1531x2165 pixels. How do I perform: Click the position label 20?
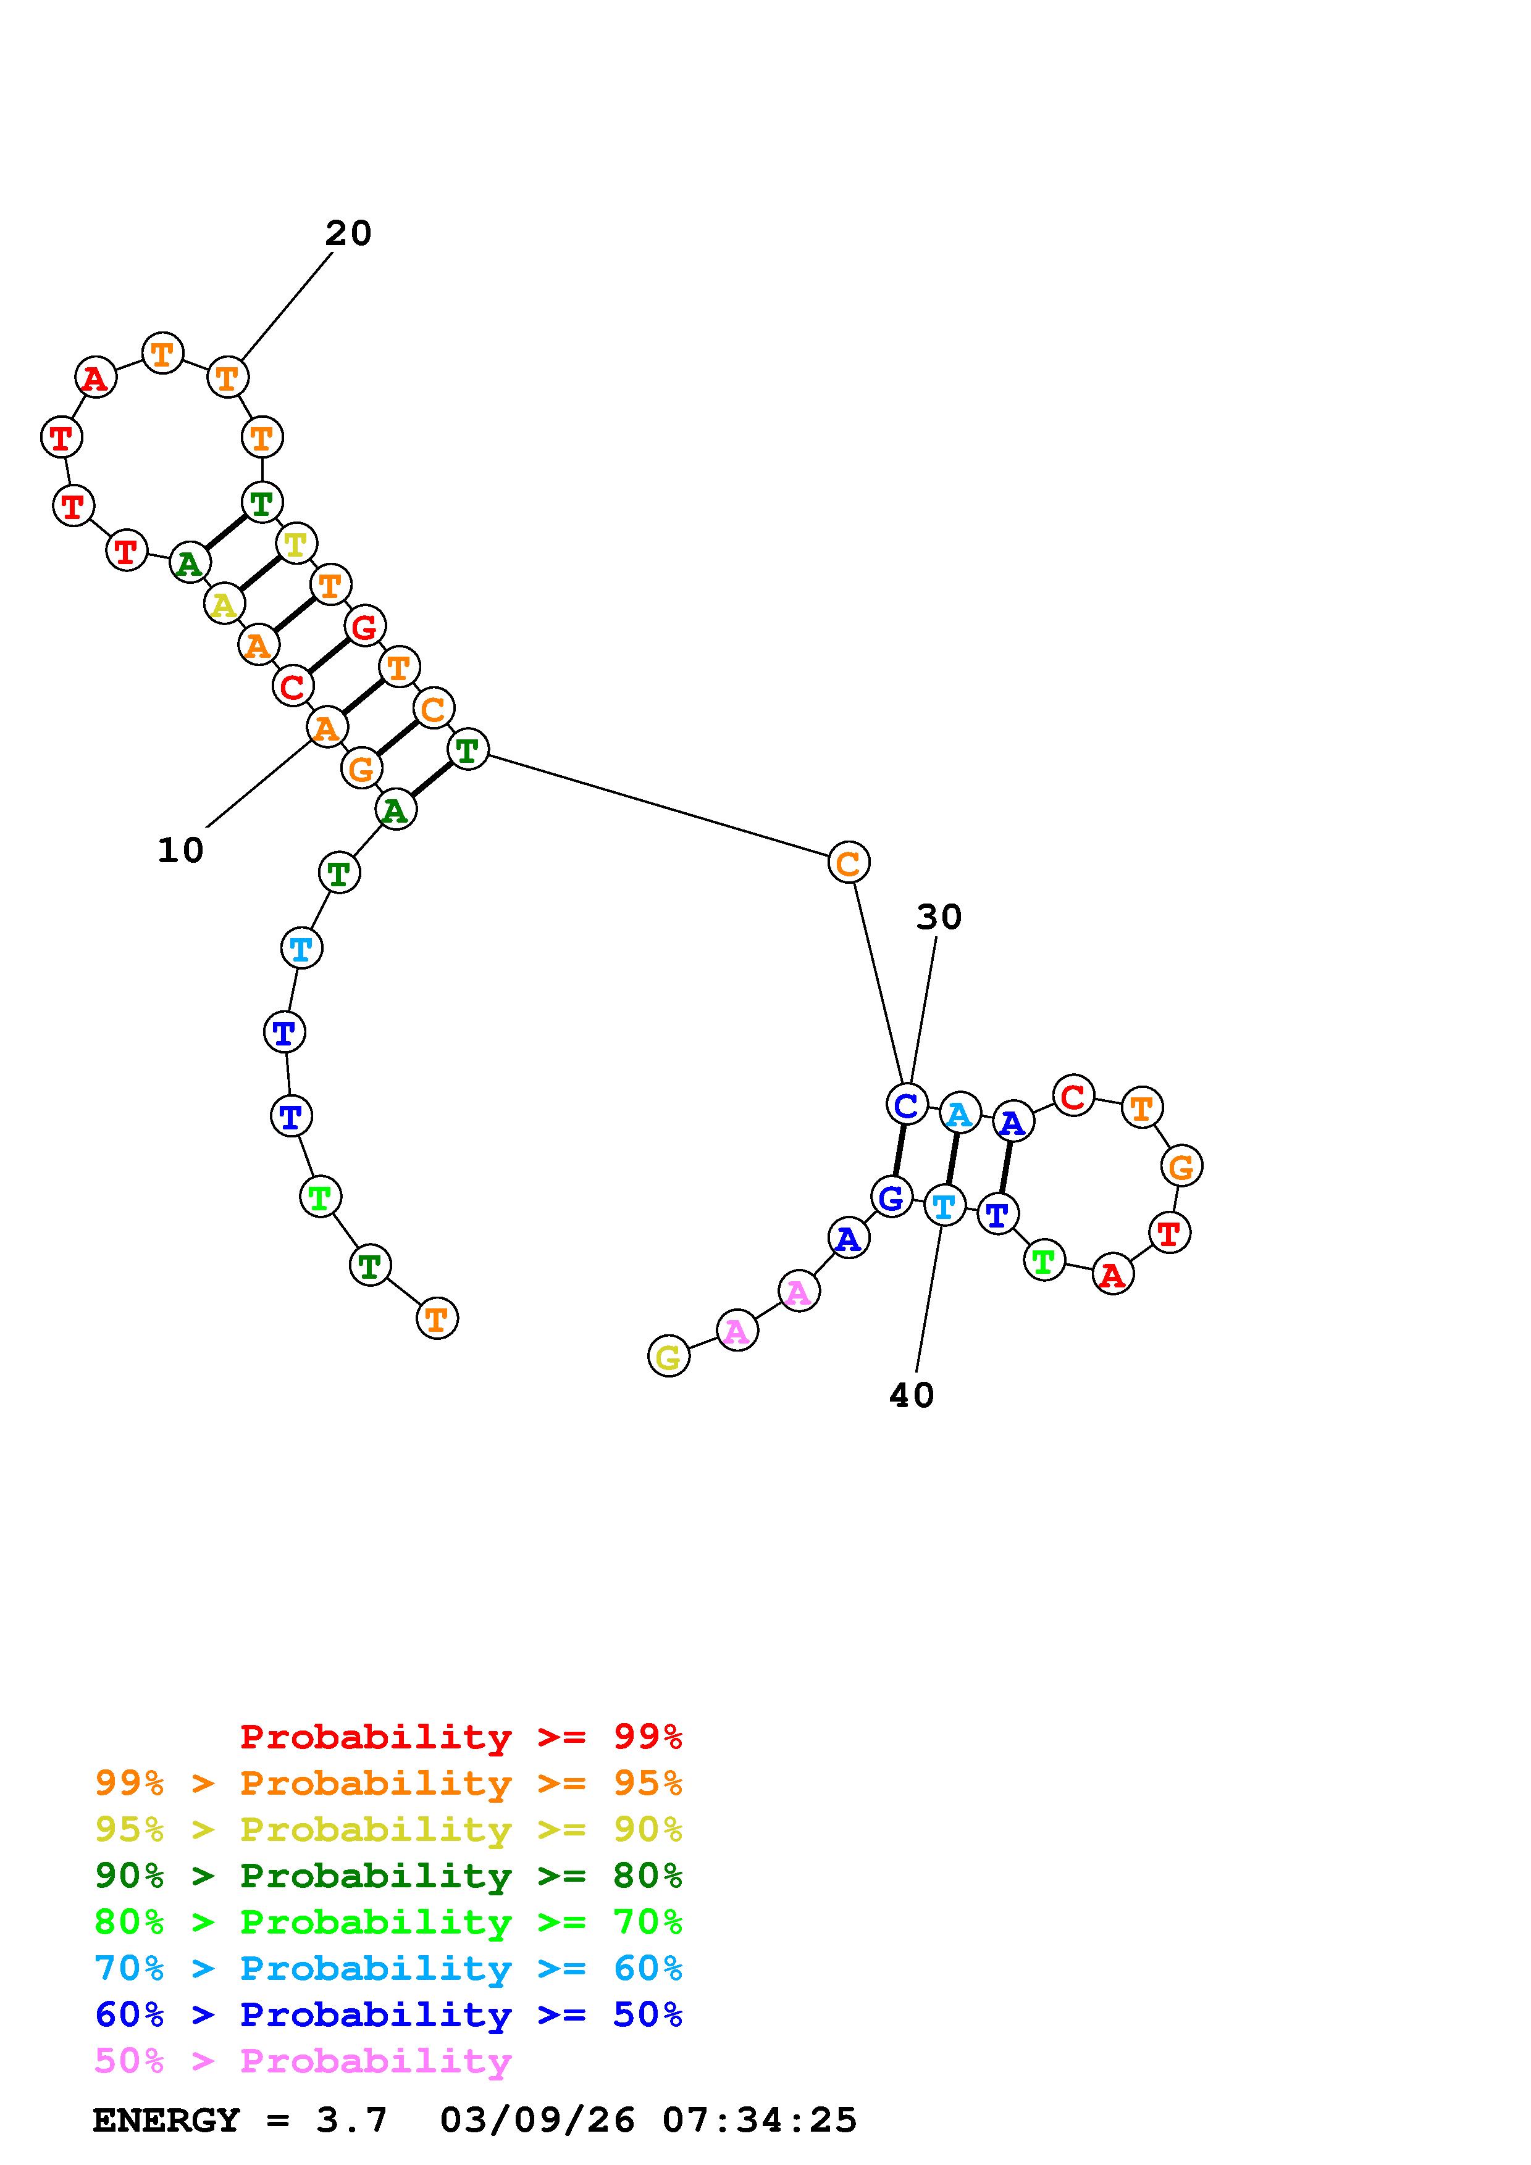pyautogui.click(x=348, y=233)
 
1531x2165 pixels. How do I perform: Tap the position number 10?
pyautogui.click(x=180, y=850)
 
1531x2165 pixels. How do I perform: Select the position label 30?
pyautogui.click(x=939, y=916)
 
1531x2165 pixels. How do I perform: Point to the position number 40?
pyautogui.click(x=911, y=1395)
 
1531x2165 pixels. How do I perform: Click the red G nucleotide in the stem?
pyautogui.click(x=364, y=626)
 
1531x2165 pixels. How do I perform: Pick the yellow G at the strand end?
pyautogui.click(x=669, y=1357)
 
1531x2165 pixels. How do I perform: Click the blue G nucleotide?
pyautogui.click(x=891, y=1197)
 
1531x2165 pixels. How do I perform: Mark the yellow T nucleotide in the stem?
pyautogui.click(x=296, y=543)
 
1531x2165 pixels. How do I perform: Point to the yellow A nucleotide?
pyautogui.click(x=224, y=604)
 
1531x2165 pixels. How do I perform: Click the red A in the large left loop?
pyautogui.click(x=95, y=378)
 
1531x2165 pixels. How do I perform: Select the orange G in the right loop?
pyautogui.click(x=1181, y=1166)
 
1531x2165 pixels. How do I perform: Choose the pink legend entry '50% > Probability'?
pyautogui.click(x=303, y=2061)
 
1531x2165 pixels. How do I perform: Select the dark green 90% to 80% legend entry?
pyautogui.click(x=388, y=1876)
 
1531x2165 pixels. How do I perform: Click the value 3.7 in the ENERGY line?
pyautogui.click(x=352, y=2120)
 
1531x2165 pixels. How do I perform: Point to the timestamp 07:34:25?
pyautogui.click(x=760, y=2120)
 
